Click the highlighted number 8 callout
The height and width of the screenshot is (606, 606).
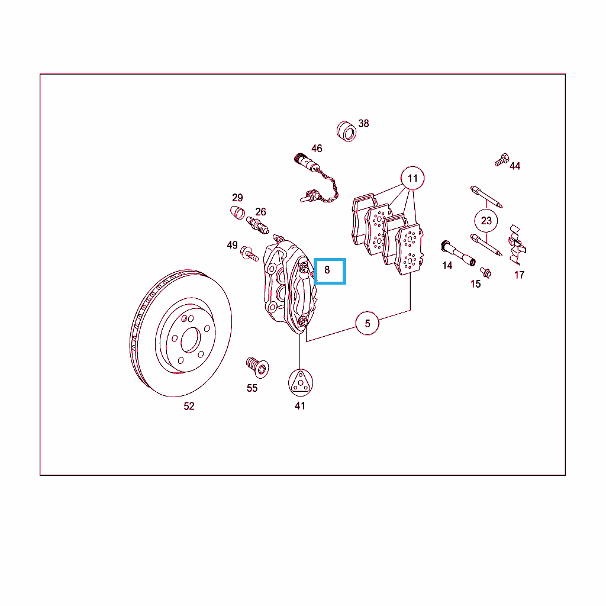click(330, 271)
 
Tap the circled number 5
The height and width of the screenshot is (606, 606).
click(367, 323)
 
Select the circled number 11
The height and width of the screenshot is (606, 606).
click(412, 178)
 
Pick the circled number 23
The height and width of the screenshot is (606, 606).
click(486, 221)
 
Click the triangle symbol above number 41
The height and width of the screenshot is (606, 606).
click(300, 383)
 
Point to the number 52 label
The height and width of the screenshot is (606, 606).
click(189, 406)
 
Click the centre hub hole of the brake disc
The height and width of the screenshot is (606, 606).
click(191, 340)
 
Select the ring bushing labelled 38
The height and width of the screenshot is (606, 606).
click(346, 131)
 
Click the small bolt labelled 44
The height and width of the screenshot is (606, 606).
click(502, 160)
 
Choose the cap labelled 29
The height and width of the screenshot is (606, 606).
click(237, 212)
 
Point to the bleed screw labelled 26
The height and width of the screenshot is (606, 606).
click(257, 225)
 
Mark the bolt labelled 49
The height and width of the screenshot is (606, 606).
click(249, 253)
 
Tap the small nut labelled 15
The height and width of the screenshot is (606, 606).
click(485, 272)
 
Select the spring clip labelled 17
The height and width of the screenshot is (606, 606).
click(516, 244)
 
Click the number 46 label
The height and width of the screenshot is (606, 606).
click(317, 149)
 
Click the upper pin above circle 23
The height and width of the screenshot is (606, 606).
click(486, 197)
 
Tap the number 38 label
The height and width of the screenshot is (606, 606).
click(363, 123)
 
